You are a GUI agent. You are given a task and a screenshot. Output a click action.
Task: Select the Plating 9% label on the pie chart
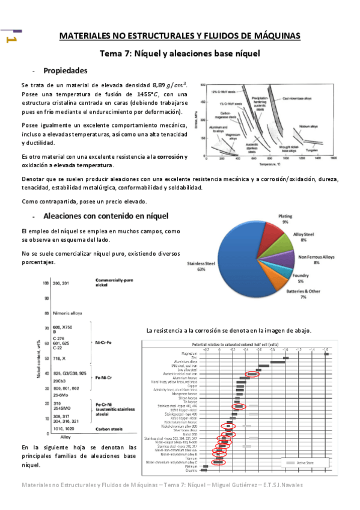pyautogui.click(x=284, y=219)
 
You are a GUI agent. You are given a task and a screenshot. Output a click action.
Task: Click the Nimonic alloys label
pyautogui.click(x=50, y=313)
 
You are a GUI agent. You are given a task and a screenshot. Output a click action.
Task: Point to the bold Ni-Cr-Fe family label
pyautogui.click(x=101, y=342)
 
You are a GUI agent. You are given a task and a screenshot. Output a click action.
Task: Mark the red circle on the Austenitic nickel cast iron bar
pyautogui.click(x=252, y=373)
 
